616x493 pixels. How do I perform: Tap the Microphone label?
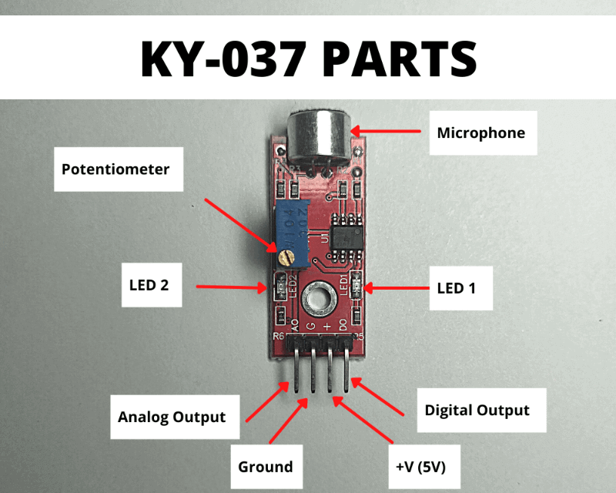[x=480, y=132]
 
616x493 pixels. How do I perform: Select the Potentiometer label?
[x=115, y=169]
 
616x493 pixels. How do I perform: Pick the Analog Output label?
[x=172, y=417]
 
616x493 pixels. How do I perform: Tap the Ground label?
[x=265, y=466]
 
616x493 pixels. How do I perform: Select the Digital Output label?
[x=477, y=410]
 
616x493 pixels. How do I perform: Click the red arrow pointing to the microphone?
[x=390, y=132]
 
